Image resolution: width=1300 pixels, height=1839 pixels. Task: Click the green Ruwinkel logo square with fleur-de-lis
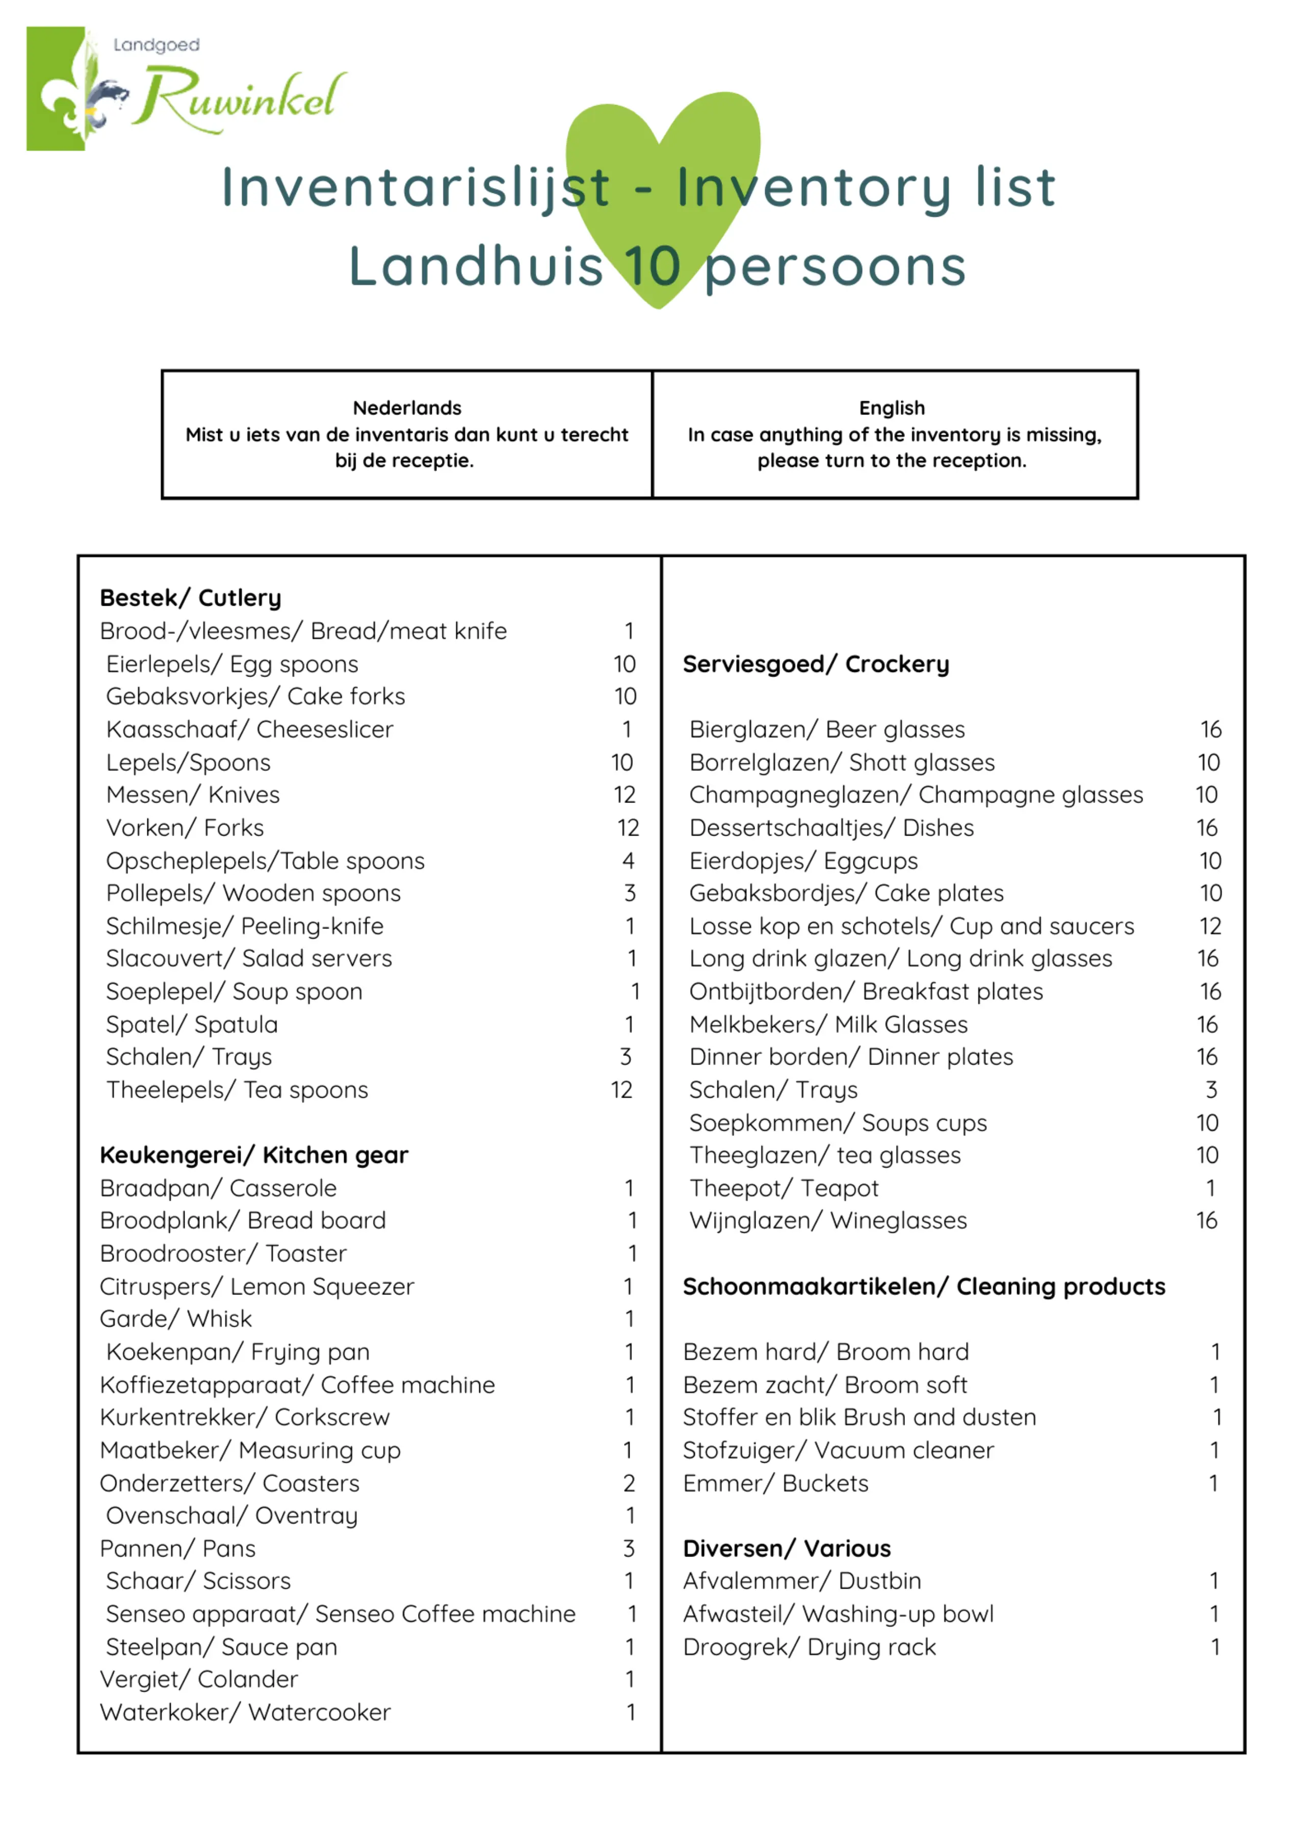pyautogui.click(x=56, y=88)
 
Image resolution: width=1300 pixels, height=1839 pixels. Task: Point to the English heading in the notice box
pyautogui.click(x=892, y=408)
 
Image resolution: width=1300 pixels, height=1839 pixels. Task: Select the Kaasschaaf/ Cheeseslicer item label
pyautogui.click(x=250, y=729)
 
